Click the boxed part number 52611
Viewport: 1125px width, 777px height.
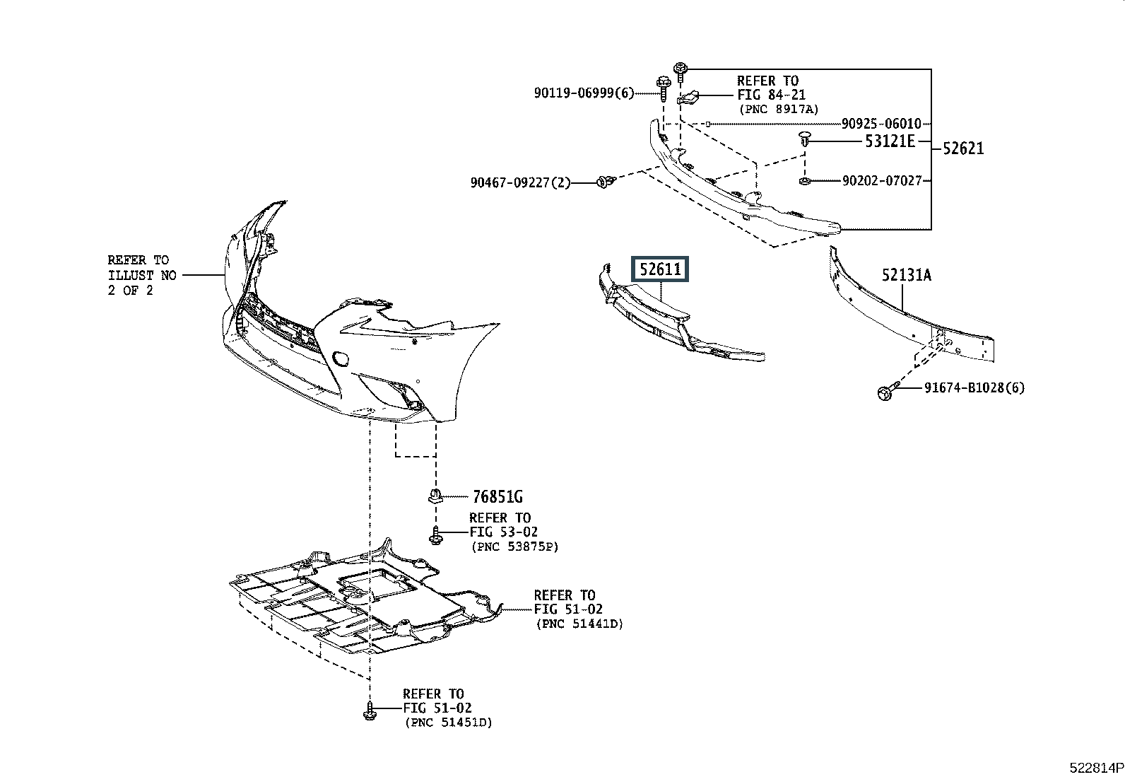660,269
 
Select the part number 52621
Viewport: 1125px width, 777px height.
962,148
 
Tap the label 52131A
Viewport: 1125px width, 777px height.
907,275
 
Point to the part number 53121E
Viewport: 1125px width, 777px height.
890,141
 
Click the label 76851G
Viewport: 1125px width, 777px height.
497,496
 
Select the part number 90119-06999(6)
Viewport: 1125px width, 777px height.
584,93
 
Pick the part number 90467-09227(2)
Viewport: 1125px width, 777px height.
521,182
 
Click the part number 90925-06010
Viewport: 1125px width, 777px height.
881,124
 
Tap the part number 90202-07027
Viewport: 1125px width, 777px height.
882,180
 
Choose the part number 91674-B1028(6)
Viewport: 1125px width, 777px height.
974,387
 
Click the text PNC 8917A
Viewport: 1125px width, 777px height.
779,109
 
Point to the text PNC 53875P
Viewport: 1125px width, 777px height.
514,547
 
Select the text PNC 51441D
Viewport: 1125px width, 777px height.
579,624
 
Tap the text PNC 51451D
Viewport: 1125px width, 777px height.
449,723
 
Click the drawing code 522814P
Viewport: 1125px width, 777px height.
1096,768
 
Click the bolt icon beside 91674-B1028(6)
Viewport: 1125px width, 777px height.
886,392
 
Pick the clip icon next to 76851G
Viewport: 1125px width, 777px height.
435,496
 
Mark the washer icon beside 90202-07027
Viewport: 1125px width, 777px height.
804,180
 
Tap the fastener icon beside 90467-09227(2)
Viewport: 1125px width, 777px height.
606,182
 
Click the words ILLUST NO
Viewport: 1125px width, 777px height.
142,276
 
